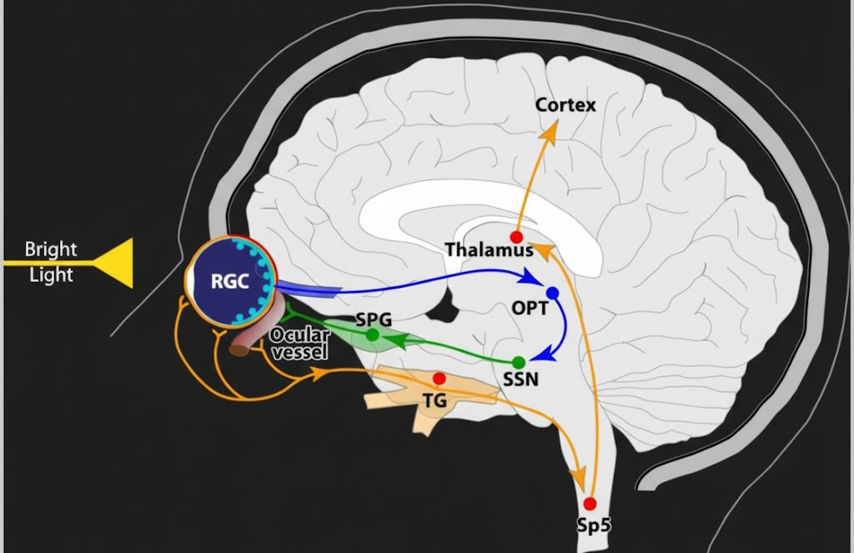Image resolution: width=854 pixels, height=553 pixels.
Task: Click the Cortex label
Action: click(x=565, y=105)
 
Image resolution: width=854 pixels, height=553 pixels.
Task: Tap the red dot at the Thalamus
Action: click(x=516, y=238)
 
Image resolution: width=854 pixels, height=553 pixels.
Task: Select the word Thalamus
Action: click(x=489, y=250)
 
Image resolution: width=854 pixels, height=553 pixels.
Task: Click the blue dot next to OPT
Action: click(x=551, y=293)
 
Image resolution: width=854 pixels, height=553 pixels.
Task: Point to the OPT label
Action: click(x=530, y=309)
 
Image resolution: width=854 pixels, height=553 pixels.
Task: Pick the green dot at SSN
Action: click(x=518, y=362)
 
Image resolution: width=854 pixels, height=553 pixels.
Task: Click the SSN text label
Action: click(x=521, y=380)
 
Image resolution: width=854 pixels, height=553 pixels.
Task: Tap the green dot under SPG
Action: click(x=373, y=335)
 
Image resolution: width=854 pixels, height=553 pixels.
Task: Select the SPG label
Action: click(x=373, y=319)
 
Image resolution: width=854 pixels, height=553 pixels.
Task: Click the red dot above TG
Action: click(x=440, y=378)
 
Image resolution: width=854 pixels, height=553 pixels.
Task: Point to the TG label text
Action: click(x=435, y=401)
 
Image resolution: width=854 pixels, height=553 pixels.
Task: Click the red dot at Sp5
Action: click(x=590, y=503)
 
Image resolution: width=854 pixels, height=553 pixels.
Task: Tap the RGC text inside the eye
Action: click(x=229, y=281)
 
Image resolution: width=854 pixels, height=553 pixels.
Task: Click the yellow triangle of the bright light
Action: click(x=114, y=263)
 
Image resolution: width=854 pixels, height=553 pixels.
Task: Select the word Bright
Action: click(x=51, y=249)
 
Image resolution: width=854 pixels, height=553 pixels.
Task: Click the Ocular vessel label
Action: click(x=299, y=343)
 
